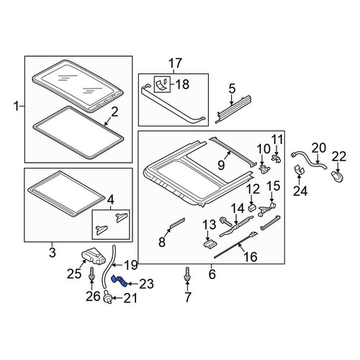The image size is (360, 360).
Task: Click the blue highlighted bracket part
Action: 119,281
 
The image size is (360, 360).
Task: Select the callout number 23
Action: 146,284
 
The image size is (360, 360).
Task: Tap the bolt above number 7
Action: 187,274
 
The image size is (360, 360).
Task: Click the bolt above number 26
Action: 91,274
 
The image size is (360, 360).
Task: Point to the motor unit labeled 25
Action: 94,256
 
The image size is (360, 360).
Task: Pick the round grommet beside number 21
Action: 108,299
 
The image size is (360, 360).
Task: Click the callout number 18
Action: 183,84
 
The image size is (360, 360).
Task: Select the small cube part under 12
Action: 251,207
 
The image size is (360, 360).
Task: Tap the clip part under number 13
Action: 209,246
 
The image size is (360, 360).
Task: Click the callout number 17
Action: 175,63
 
